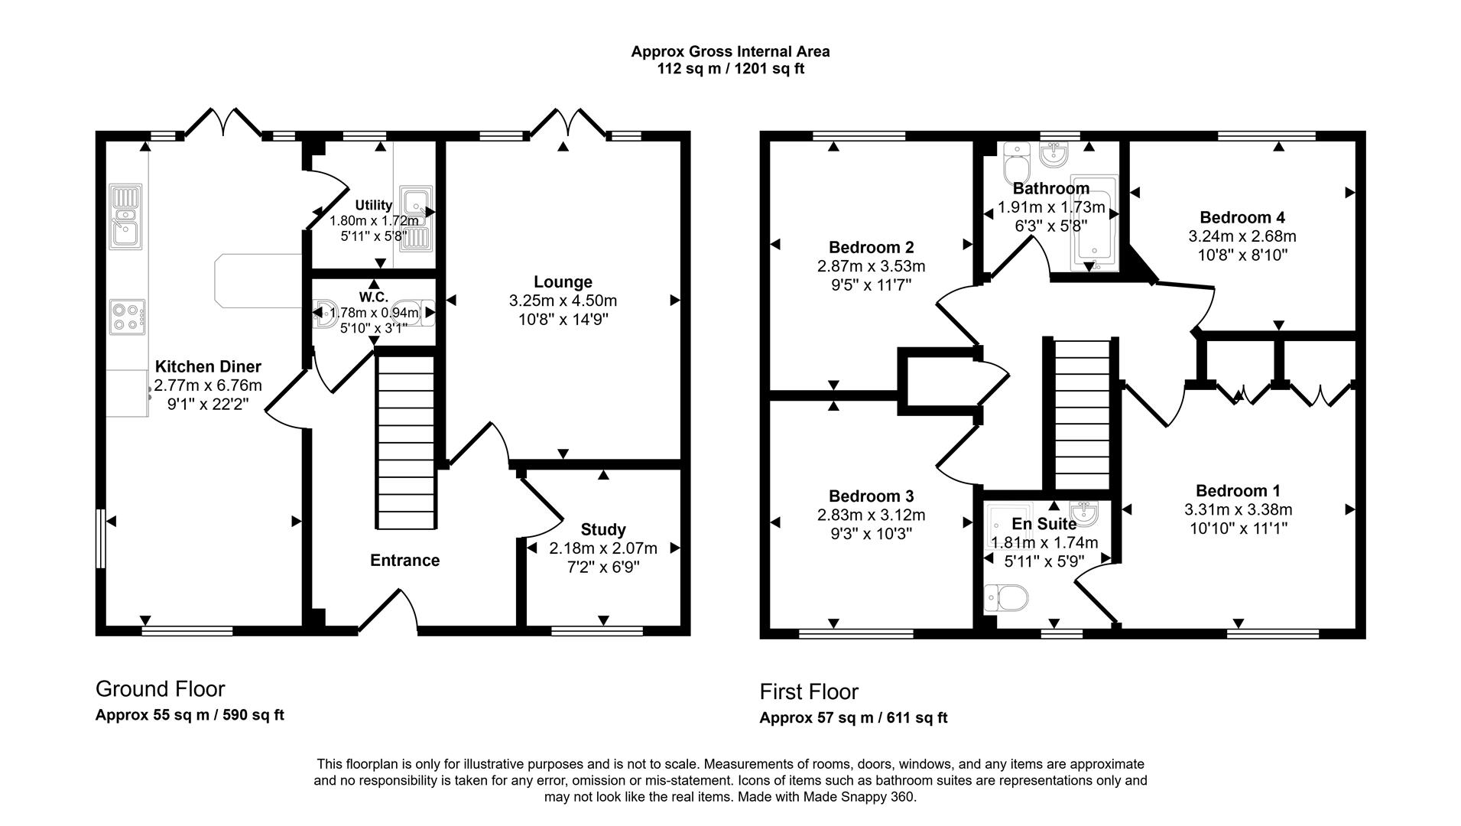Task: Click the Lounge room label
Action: [x=563, y=282]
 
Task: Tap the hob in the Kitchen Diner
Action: [x=127, y=317]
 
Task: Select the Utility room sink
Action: [x=417, y=219]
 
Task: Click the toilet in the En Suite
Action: [x=1006, y=597]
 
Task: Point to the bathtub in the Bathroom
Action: [x=1095, y=225]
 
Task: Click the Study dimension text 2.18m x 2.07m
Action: [x=602, y=548]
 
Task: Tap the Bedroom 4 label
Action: [x=1242, y=217]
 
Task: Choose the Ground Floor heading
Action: [x=160, y=689]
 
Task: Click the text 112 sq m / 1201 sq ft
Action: [x=730, y=69]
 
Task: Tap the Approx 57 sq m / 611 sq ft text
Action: [x=852, y=718]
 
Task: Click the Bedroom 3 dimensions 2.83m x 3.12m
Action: [x=871, y=515]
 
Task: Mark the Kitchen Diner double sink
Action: [x=124, y=216]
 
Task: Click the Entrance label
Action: [x=404, y=561]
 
